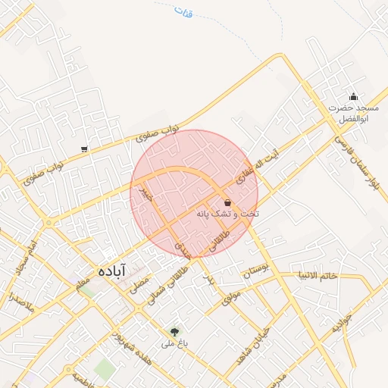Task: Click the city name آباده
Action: [x=111, y=270]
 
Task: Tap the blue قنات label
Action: [x=183, y=12]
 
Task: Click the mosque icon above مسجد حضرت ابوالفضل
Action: [x=353, y=96]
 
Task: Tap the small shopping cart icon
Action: [x=84, y=149]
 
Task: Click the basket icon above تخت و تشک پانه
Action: [x=228, y=202]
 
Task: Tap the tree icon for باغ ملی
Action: [x=175, y=331]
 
